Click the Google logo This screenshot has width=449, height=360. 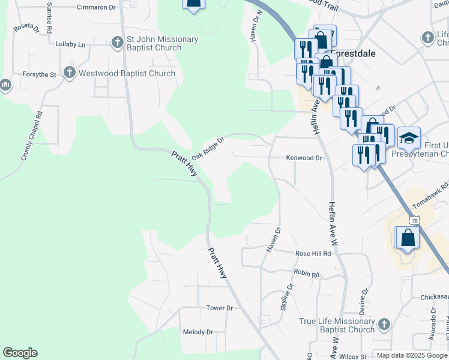click(x=20, y=353)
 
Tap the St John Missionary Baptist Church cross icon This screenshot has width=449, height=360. click(x=118, y=43)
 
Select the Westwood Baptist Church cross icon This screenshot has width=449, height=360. click(x=69, y=73)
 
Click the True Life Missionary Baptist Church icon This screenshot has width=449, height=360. click(x=384, y=325)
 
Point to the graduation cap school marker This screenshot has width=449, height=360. click(x=409, y=139)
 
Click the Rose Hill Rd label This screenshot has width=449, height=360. click(x=313, y=254)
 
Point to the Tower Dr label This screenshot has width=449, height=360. click(x=219, y=308)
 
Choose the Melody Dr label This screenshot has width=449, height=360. click(x=198, y=332)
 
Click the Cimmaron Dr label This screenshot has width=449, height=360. click(x=96, y=7)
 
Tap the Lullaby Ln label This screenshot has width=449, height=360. click(x=70, y=44)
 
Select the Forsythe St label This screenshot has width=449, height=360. click(x=40, y=74)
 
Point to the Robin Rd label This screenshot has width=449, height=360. click(x=306, y=273)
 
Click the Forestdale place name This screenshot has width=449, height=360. click(x=353, y=53)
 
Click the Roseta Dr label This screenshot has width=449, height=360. click(x=26, y=28)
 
